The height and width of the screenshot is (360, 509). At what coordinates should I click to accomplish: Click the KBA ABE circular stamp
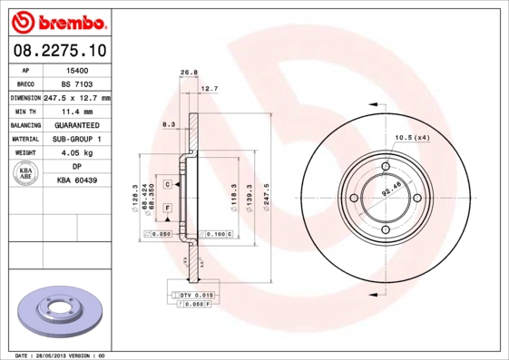(x=26, y=173)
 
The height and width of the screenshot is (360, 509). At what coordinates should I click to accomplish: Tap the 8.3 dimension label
(x=168, y=123)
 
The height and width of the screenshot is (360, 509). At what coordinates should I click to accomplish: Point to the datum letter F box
(x=168, y=209)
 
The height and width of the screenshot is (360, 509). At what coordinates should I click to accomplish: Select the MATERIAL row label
(x=24, y=139)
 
